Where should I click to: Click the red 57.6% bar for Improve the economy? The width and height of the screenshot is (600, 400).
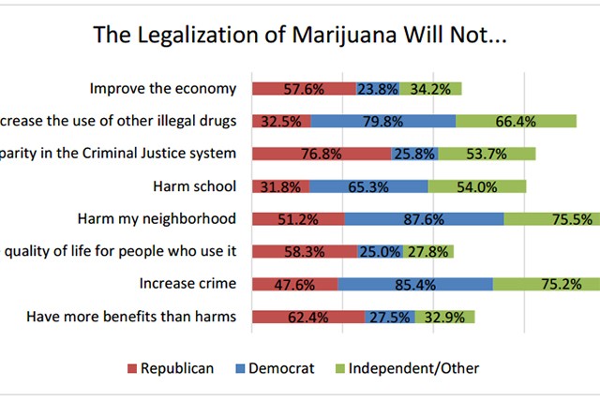click(x=303, y=89)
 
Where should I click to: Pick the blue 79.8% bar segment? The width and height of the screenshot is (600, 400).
click(x=383, y=121)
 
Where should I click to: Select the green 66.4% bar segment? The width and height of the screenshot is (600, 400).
click(x=516, y=121)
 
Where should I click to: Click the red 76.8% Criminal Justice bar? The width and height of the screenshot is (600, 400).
click(x=321, y=154)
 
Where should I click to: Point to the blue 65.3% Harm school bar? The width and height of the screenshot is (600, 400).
click(x=368, y=186)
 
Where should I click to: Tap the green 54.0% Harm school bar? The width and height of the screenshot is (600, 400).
click(x=477, y=186)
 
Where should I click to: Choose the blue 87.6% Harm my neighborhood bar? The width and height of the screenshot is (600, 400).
click(x=424, y=219)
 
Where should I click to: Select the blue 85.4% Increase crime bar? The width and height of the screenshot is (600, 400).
click(x=415, y=284)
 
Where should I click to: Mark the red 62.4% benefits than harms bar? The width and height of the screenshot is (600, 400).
click(x=307, y=317)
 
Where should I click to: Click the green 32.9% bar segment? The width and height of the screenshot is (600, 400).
click(x=444, y=317)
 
